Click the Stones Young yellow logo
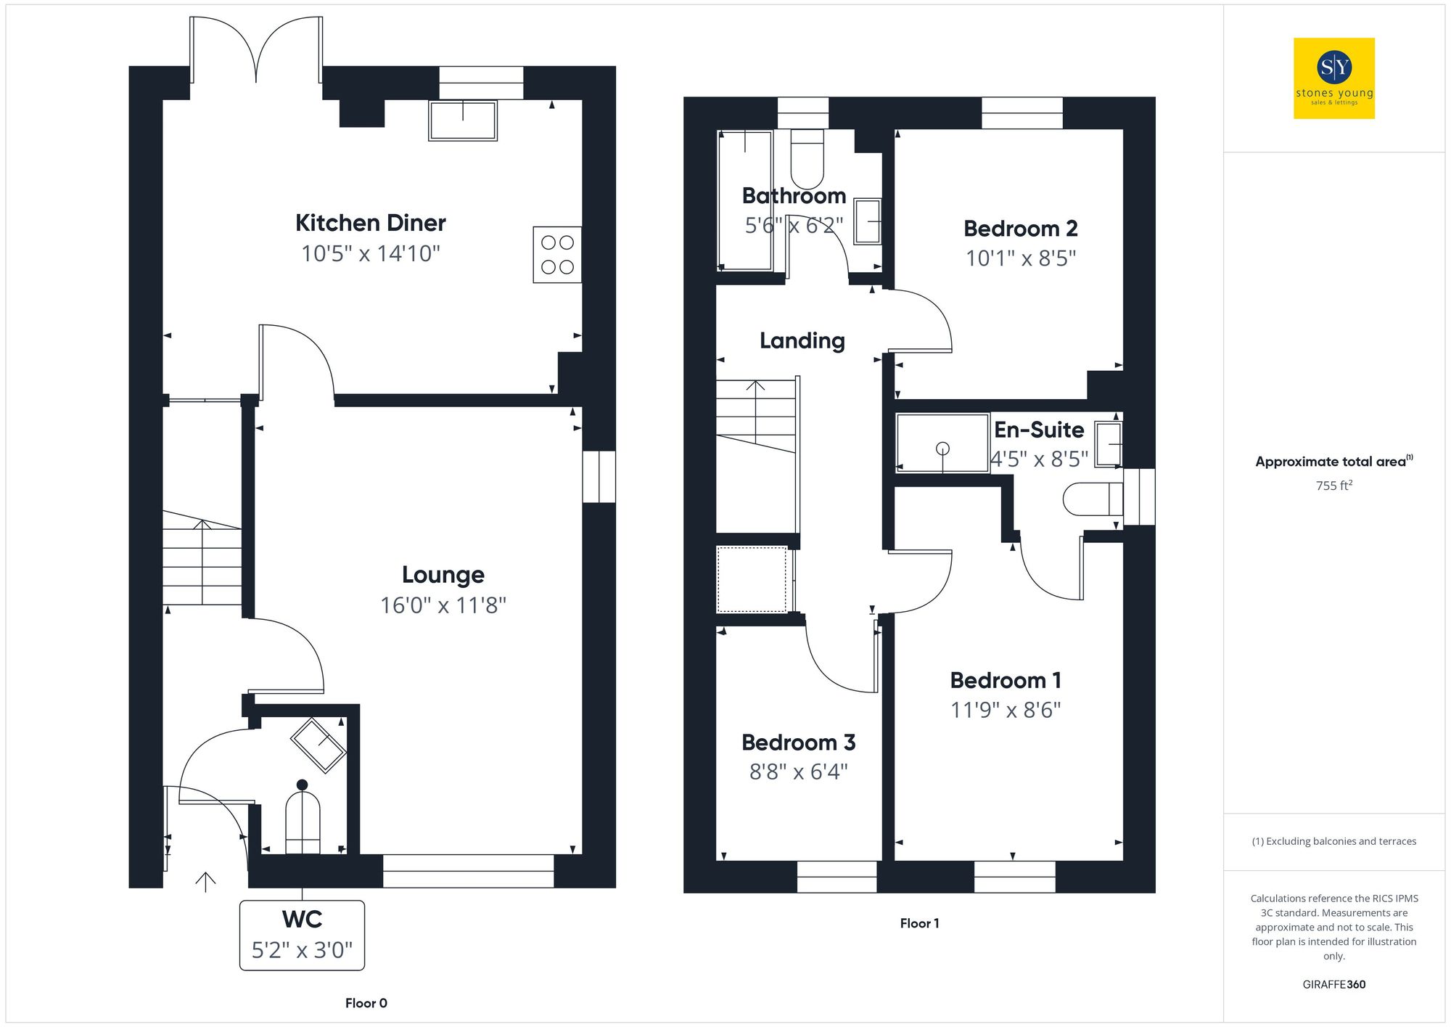1333,78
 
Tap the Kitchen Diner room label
370,223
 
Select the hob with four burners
557,255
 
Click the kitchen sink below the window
463,120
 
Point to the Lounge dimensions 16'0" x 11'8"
443,605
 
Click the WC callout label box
302,935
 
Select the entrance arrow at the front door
205,881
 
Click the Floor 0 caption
366,1003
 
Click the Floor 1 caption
919,923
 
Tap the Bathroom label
794,196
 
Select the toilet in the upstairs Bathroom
807,160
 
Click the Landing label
802,340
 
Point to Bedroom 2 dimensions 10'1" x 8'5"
1020,258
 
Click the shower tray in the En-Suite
942,443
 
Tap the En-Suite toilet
1093,499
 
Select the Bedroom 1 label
1006,680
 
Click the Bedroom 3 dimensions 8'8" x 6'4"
798,772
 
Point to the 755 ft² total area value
1333,486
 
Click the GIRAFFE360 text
1333,984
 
